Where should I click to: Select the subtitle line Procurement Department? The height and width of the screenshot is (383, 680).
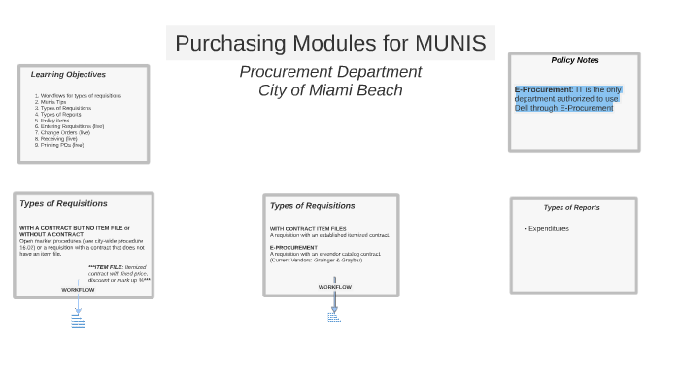point(330,72)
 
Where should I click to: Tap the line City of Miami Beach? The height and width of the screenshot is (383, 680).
point(330,90)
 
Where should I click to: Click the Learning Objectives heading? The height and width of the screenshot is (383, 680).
point(68,74)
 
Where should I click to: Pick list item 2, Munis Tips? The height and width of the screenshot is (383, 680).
point(53,102)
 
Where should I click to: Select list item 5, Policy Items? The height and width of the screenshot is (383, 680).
point(54,121)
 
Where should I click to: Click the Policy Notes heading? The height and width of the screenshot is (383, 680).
point(574,60)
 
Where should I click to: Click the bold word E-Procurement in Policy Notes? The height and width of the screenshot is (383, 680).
point(544,89)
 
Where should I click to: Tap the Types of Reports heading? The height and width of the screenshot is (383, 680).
point(571,207)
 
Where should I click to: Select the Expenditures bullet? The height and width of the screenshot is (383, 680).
point(549,229)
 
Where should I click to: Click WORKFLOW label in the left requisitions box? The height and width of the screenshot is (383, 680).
point(78,289)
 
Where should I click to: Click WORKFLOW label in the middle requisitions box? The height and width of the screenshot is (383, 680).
point(334,287)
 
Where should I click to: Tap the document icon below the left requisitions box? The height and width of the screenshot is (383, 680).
point(78,321)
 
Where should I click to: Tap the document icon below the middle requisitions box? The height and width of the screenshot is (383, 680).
point(334,316)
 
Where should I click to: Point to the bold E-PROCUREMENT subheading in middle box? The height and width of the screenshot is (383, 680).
point(293,247)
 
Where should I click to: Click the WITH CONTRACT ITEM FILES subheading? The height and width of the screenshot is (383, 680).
point(308,229)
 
